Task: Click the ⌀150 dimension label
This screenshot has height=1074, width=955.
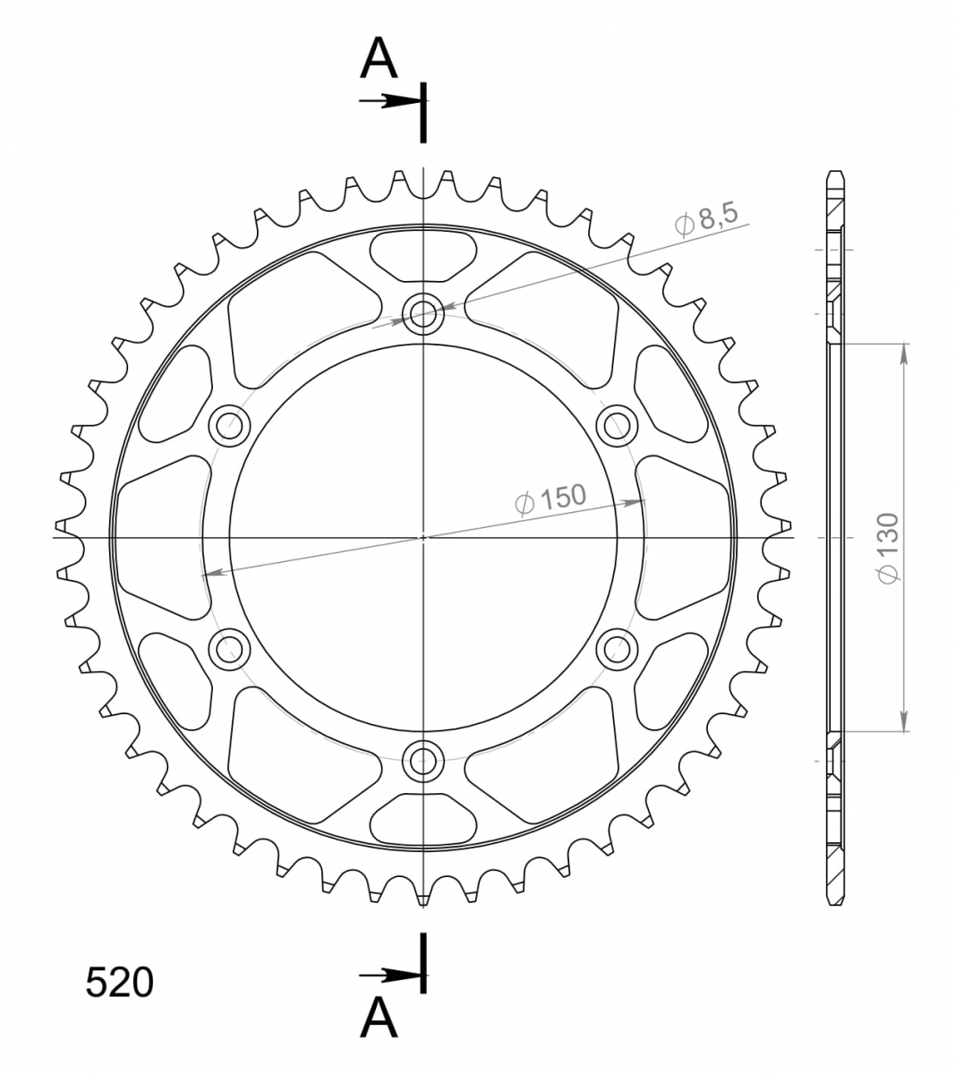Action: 550,499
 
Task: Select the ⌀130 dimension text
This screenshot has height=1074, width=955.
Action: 889,548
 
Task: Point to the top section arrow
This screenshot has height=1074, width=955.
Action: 390,101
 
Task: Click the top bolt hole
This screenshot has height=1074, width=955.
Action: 423,315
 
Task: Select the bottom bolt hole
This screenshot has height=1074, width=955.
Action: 423,762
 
